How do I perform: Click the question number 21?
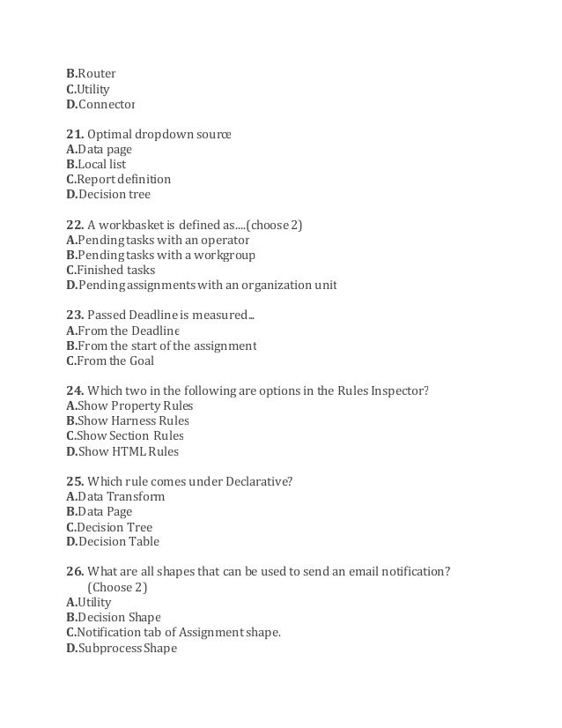coord(74,134)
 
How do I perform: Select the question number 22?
coord(74,225)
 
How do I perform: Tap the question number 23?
coord(74,316)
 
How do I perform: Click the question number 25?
coord(74,481)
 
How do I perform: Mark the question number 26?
coord(74,572)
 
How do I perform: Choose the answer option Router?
coord(96,74)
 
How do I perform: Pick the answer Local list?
coord(101,164)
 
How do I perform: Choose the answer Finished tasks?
coord(116,270)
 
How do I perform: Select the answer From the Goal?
coord(116,360)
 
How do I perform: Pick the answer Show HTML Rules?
coord(128,451)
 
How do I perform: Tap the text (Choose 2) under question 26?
coord(118,587)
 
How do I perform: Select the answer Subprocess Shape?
coord(127,648)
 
